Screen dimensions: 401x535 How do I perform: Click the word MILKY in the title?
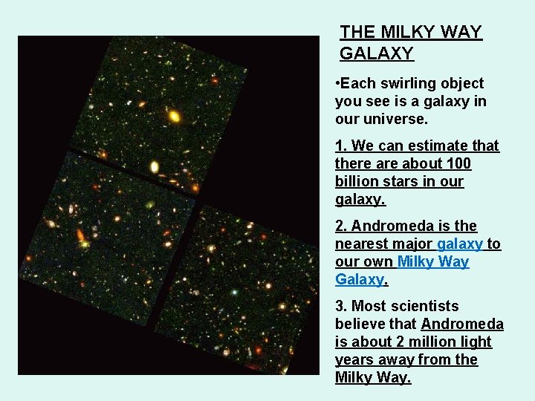click(x=411, y=32)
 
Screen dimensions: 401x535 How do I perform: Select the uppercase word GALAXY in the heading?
click(x=377, y=53)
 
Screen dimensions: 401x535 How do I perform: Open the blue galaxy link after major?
click(x=460, y=244)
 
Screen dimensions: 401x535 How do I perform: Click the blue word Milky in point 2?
click(x=417, y=261)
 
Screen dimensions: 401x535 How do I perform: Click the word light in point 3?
click(x=476, y=342)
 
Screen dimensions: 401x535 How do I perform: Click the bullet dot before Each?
click(x=337, y=84)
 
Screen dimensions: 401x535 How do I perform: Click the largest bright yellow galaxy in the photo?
click(x=175, y=116)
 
